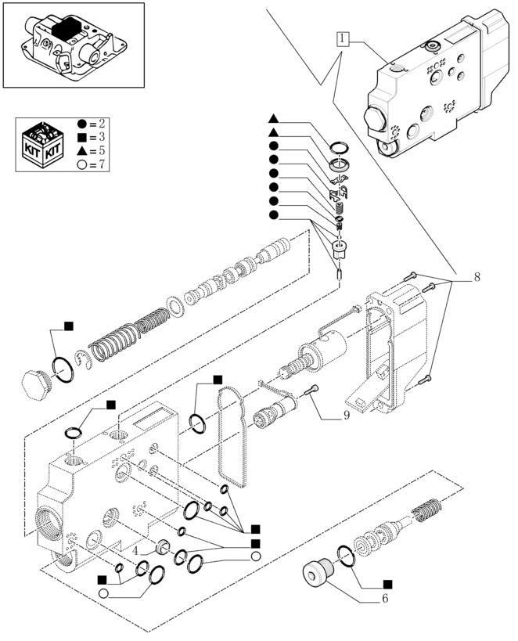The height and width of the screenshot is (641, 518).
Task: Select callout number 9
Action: tap(345, 416)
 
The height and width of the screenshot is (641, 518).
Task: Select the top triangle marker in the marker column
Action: tap(274, 119)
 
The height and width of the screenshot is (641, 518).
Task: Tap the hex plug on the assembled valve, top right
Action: tap(376, 120)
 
